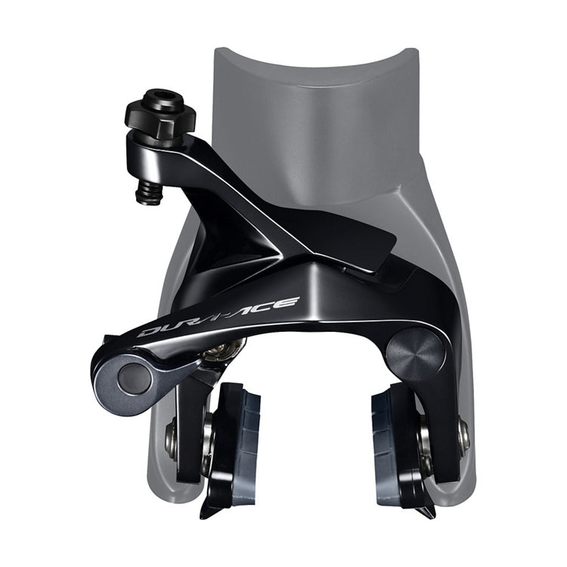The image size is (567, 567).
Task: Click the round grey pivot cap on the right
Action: pyautogui.click(x=415, y=352)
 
